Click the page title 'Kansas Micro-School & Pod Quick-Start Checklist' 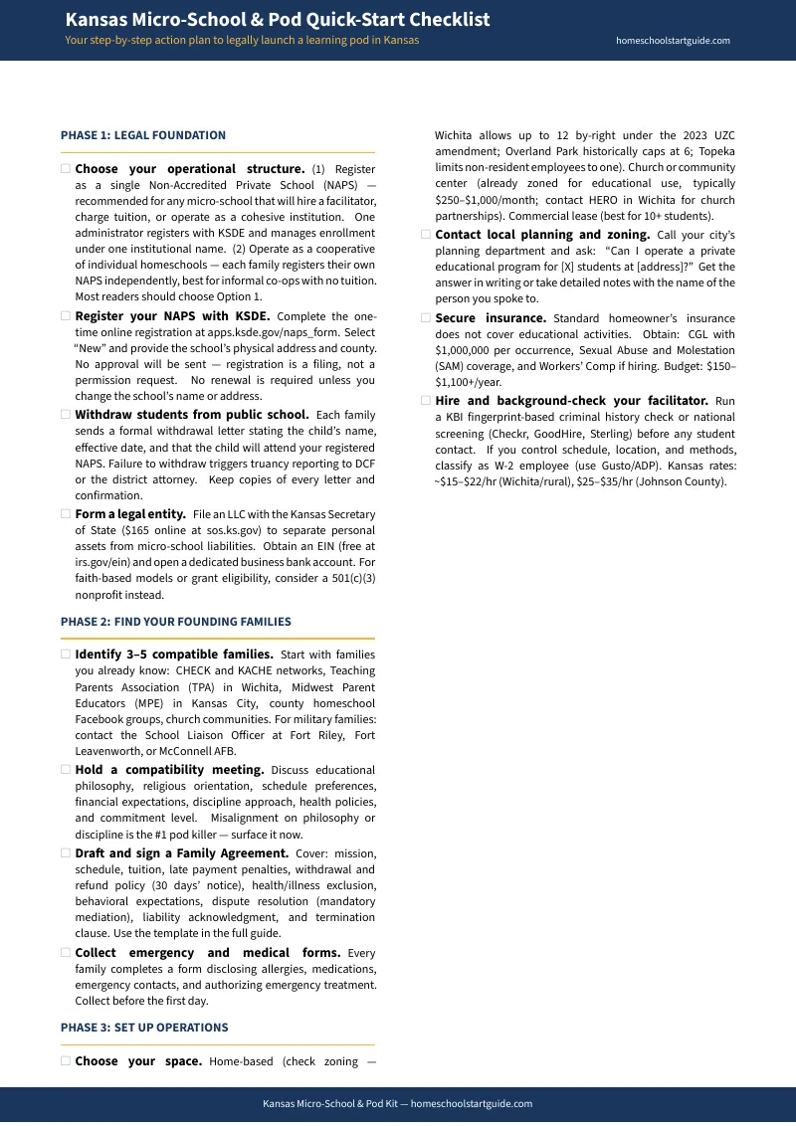277,20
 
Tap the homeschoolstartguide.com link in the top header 673,41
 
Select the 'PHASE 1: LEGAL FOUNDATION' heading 143,135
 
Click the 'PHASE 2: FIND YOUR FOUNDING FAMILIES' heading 176,622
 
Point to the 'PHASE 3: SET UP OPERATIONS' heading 144,1028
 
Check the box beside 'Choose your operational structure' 66,169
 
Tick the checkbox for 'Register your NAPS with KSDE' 66,315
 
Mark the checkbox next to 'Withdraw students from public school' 66,414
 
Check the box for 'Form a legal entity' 66,513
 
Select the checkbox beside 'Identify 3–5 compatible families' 66,655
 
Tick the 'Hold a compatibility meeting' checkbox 66,770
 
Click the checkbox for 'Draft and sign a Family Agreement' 66,853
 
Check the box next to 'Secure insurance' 426,317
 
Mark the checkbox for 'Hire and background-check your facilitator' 426,401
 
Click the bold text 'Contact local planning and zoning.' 542,235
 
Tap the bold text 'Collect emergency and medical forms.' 207,952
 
